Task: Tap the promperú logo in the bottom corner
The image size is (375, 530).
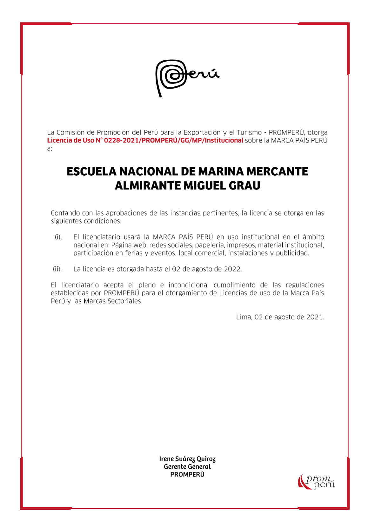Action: [316, 481]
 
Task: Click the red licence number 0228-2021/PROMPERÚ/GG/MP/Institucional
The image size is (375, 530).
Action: [169, 140]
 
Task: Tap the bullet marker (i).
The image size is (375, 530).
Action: [58, 237]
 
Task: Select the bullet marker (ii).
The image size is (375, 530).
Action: [57, 269]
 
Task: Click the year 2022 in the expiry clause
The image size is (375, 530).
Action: [232, 269]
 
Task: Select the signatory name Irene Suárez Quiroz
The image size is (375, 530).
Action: [187, 459]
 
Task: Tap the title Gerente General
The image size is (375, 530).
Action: [187, 467]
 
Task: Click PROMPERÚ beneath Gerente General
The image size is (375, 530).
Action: [187, 474]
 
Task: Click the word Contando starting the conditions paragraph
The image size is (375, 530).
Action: [65, 213]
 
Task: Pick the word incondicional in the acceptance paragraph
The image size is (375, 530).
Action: [189, 285]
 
